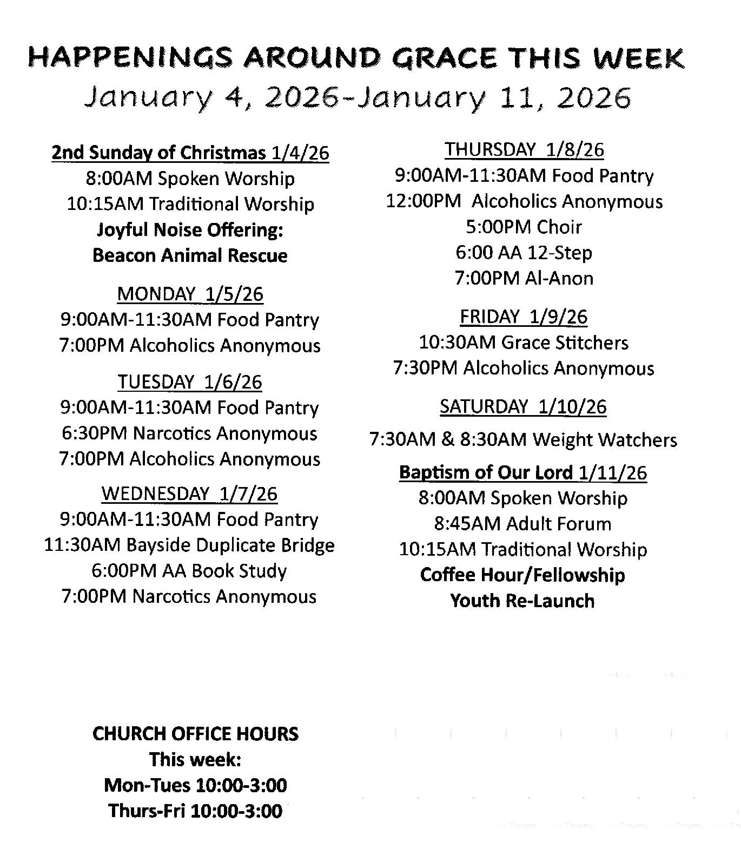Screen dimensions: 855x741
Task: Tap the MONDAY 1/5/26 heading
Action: tap(190, 294)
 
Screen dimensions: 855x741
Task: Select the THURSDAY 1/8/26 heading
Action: tap(524, 149)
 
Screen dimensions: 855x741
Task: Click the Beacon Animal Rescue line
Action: tap(190, 255)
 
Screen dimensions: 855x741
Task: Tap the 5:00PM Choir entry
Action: tap(524, 227)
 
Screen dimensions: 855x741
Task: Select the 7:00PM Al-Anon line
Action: tap(524, 278)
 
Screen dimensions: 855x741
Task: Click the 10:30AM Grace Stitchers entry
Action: tap(524, 342)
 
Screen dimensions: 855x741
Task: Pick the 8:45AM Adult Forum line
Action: tap(522, 523)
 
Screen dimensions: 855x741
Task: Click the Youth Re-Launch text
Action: tap(522, 601)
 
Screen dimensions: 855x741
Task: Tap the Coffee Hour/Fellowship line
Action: tap(522, 575)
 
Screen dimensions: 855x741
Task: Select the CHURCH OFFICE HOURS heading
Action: tap(195, 734)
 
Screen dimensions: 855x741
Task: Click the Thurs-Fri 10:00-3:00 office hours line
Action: tap(195, 811)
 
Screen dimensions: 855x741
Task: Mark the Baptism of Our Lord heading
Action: tap(522, 472)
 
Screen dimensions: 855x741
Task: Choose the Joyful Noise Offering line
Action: tap(190, 229)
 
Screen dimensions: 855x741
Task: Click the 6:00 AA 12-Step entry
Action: tap(524, 253)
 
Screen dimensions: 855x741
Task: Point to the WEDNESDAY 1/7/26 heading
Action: tap(189, 493)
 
